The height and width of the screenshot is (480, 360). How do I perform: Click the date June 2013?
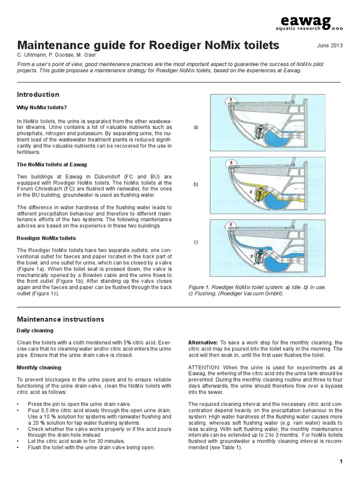click(330, 45)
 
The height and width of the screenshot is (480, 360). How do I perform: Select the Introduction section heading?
click(38, 94)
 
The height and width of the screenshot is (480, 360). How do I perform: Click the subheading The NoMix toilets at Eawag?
click(52, 165)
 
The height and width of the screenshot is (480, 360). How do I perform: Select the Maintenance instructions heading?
click(60, 319)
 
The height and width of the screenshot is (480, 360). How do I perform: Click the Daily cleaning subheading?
click(35, 330)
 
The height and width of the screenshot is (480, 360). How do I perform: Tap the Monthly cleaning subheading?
click(39, 367)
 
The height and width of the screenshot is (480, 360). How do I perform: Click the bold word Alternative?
click(202, 343)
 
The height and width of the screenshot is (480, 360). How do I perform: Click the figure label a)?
click(195, 127)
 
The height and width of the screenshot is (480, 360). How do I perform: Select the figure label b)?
click(195, 185)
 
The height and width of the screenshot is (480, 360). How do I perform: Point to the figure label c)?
click(195, 242)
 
